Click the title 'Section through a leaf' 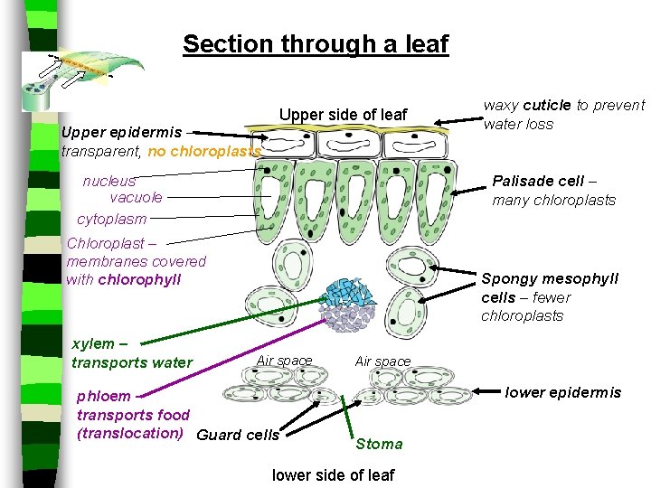click(x=315, y=43)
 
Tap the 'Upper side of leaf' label click(x=343, y=115)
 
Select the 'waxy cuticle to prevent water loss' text click(x=563, y=115)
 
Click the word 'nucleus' click(x=108, y=181)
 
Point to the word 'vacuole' click(x=136, y=197)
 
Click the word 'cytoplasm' click(x=111, y=219)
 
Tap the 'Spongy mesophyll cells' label click(x=549, y=288)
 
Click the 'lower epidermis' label click(x=562, y=391)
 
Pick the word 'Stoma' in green click(x=379, y=444)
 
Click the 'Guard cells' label click(x=238, y=435)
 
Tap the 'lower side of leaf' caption click(x=333, y=475)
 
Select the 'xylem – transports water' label click(x=131, y=353)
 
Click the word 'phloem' click(x=104, y=396)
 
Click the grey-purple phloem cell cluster click(x=348, y=317)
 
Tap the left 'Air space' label click(x=284, y=361)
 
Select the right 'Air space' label click(x=382, y=361)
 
